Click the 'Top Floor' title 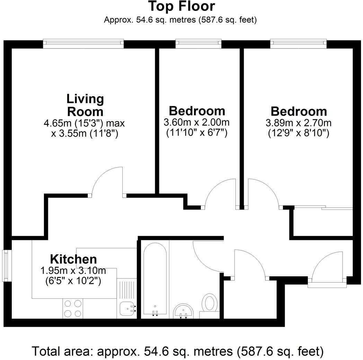coord(181,7)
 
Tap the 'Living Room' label coord(85,105)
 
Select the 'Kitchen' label coord(73,259)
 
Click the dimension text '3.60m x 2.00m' coord(196,123)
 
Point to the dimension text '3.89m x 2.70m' coord(298,123)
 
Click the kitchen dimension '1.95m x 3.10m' coord(73,271)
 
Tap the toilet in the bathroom coord(210,304)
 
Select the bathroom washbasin coord(184,310)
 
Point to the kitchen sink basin coord(127,308)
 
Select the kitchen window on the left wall coord(6,265)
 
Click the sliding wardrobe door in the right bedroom coord(322,208)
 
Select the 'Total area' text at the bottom coord(178,351)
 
